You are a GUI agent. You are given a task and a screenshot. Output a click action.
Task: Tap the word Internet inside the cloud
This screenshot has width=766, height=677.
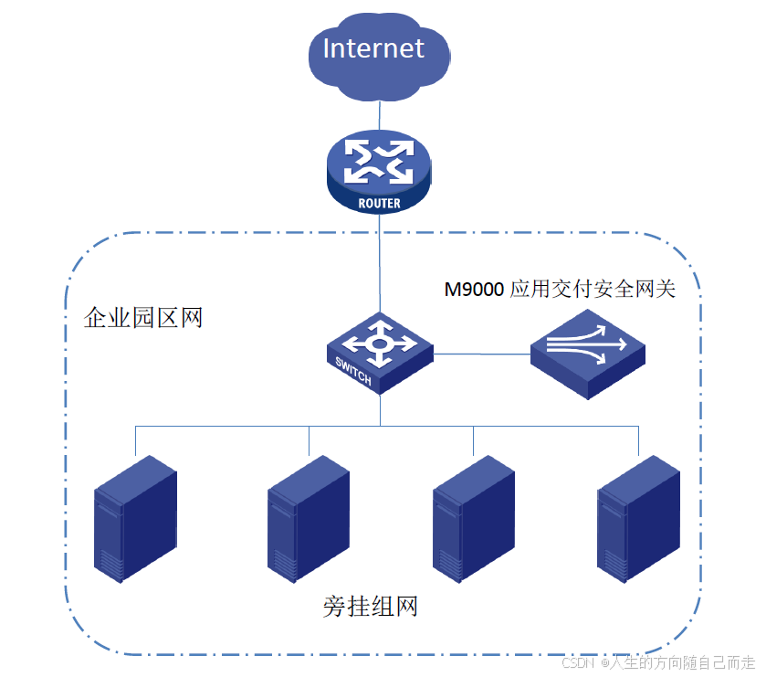(x=374, y=48)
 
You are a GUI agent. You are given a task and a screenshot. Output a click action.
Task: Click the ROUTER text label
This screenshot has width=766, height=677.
(x=379, y=204)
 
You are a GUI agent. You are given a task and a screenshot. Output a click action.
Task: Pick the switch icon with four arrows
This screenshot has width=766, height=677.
(x=380, y=351)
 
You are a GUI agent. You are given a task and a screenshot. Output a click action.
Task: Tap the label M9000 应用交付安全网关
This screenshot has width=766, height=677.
(x=560, y=290)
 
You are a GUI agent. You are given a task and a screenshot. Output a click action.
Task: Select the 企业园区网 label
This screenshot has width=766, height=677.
(x=143, y=318)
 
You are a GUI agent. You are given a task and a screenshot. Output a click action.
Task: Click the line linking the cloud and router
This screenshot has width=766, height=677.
(x=378, y=115)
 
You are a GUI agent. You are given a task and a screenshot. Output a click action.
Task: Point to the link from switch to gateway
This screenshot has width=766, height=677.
(x=482, y=353)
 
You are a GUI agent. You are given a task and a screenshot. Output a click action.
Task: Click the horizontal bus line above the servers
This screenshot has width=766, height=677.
(x=228, y=427)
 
